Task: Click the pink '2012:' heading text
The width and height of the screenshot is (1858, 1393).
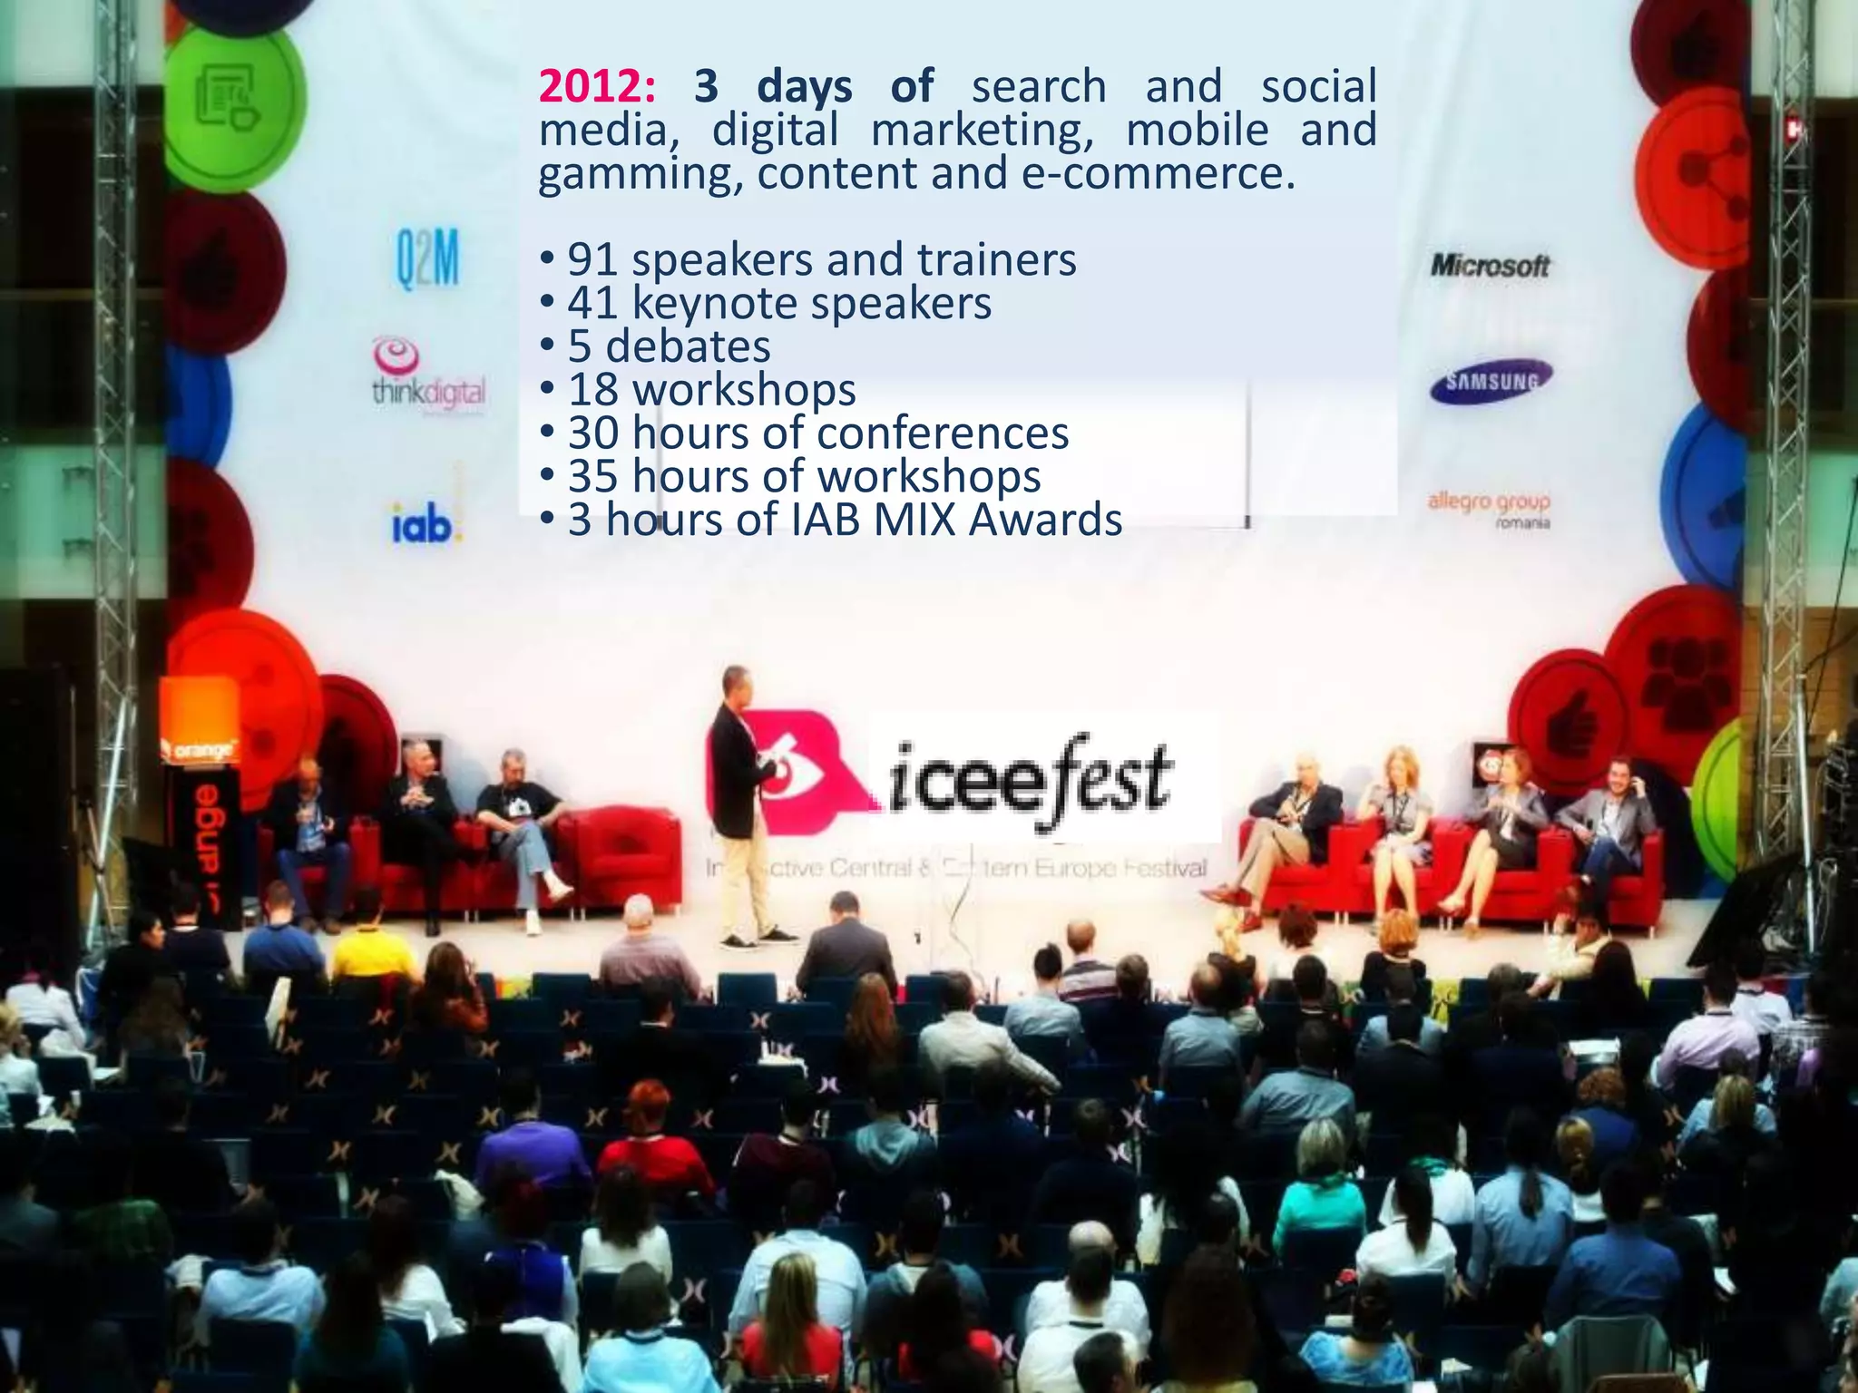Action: coord(597,87)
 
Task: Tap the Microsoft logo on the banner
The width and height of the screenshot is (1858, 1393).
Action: coord(1490,266)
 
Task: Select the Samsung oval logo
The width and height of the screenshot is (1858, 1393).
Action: coord(1491,382)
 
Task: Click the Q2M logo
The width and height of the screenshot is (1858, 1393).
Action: coord(427,260)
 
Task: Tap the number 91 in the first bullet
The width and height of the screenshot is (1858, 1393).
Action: coord(593,260)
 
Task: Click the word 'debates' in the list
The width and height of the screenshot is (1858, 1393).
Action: coord(688,346)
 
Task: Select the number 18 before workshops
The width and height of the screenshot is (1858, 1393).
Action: coord(593,390)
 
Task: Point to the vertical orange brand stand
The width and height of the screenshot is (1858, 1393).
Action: coord(201,816)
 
